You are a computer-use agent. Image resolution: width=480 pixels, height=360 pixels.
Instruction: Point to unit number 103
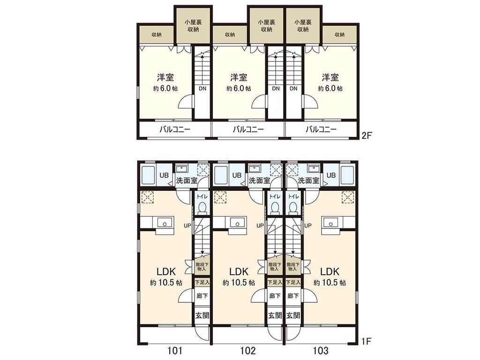click(321, 350)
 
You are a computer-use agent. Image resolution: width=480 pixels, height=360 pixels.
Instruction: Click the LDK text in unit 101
click(166, 271)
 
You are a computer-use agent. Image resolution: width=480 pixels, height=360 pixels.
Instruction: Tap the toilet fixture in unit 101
click(202, 207)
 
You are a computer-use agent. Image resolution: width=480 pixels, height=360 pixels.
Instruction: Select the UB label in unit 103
click(331, 175)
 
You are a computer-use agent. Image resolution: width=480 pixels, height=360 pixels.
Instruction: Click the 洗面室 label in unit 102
click(259, 180)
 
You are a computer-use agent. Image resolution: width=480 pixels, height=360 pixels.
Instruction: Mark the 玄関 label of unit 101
click(202, 315)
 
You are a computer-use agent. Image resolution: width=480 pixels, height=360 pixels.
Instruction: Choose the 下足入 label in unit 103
click(293, 282)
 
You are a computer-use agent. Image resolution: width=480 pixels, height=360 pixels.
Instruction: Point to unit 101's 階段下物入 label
click(202, 266)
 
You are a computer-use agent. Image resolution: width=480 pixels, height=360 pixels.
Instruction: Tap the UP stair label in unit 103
click(308, 225)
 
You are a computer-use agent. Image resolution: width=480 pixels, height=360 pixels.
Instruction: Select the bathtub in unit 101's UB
click(148, 175)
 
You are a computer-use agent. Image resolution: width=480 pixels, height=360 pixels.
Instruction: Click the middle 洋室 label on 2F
click(239, 77)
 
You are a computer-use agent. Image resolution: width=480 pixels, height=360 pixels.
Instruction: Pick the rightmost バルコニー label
click(321, 130)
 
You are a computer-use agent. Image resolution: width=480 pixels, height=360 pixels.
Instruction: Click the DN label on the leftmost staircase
click(202, 88)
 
